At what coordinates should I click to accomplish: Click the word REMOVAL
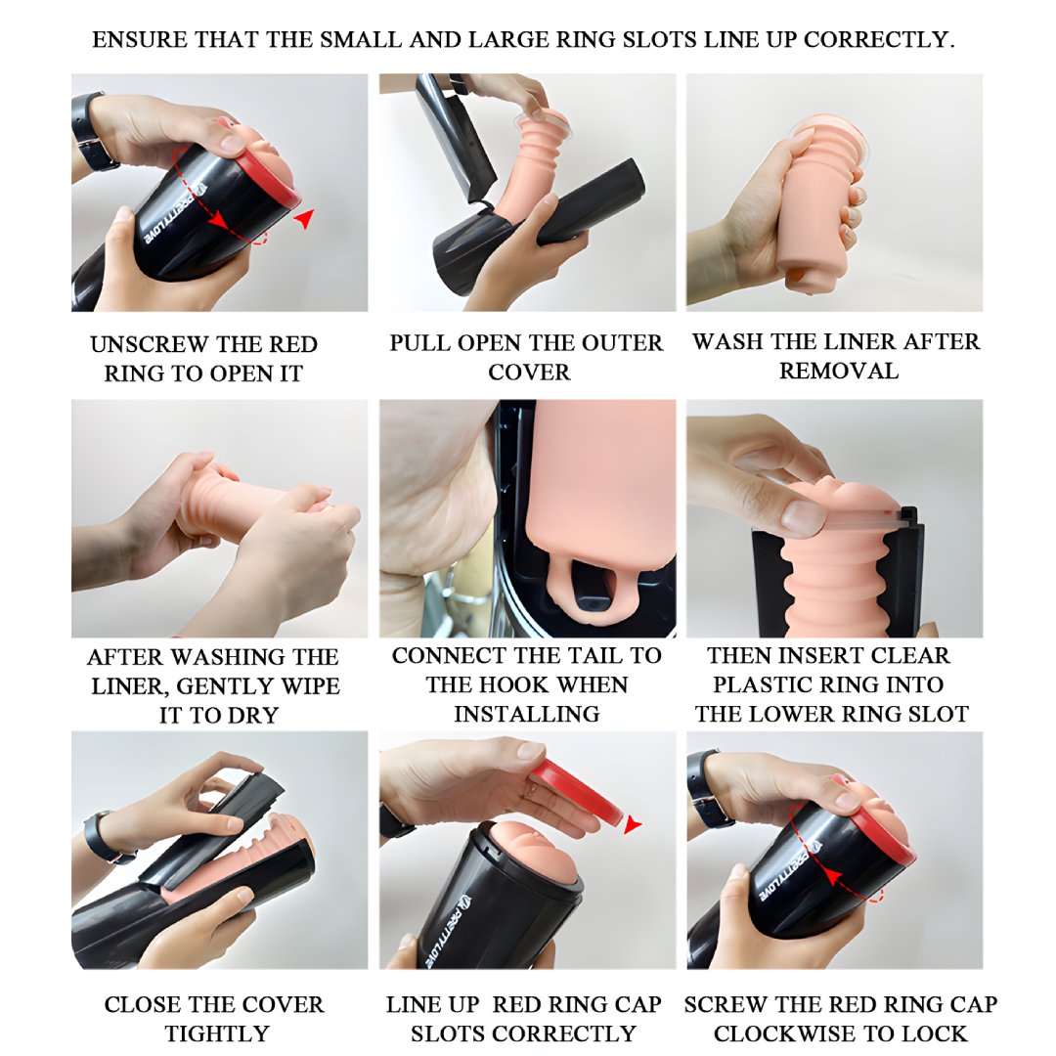coord(839,372)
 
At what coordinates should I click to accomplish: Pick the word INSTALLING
coord(527,714)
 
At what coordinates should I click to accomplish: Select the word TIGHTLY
coord(217,1034)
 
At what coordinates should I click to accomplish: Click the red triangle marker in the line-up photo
coord(633,824)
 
